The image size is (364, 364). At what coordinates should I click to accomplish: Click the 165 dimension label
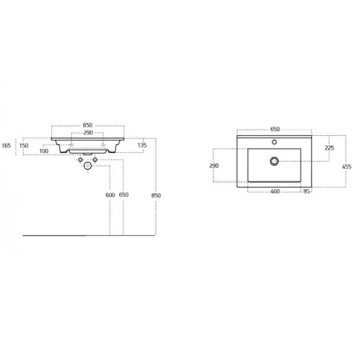click(x=6, y=145)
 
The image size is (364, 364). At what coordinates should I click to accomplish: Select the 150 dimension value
click(x=23, y=145)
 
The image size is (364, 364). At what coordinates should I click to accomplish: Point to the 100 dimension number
click(x=44, y=151)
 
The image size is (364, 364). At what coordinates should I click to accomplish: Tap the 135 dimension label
click(x=142, y=145)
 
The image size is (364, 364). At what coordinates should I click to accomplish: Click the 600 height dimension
click(x=110, y=195)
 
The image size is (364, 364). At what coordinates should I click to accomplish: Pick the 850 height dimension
click(x=156, y=196)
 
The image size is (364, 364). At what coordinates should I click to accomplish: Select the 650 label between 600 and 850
click(x=124, y=195)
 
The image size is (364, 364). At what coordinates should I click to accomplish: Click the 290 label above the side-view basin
click(x=88, y=132)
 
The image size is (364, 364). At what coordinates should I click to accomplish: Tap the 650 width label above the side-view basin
click(x=87, y=125)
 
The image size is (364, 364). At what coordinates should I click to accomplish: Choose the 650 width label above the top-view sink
click(x=275, y=129)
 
